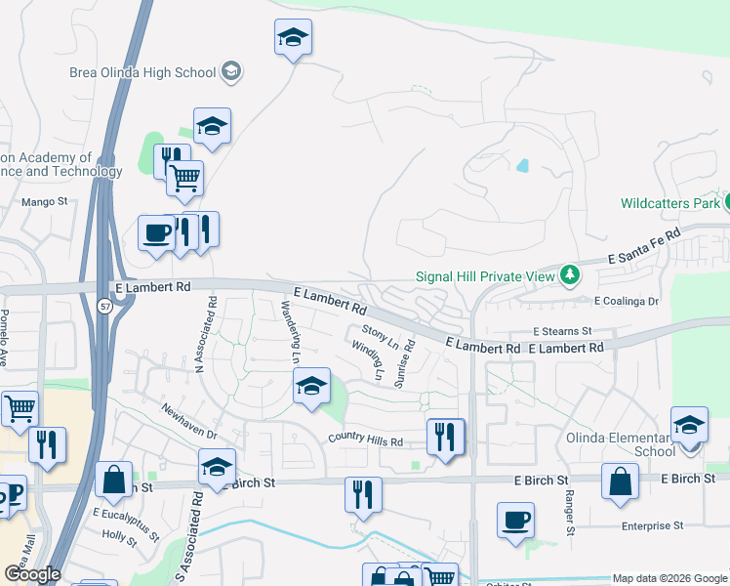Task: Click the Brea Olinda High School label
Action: [x=142, y=71]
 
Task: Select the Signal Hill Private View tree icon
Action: [x=570, y=275]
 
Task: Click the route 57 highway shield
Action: [x=103, y=307]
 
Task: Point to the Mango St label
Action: [x=45, y=202]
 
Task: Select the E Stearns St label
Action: [x=562, y=332]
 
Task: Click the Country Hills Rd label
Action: [x=366, y=440]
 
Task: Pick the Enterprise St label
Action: [x=652, y=525]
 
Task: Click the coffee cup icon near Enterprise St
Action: [x=515, y=518]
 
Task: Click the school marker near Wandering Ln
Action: [x=311, y=387]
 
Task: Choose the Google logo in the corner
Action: [x=32, y=574]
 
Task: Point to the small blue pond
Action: [x=522, y=165]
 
